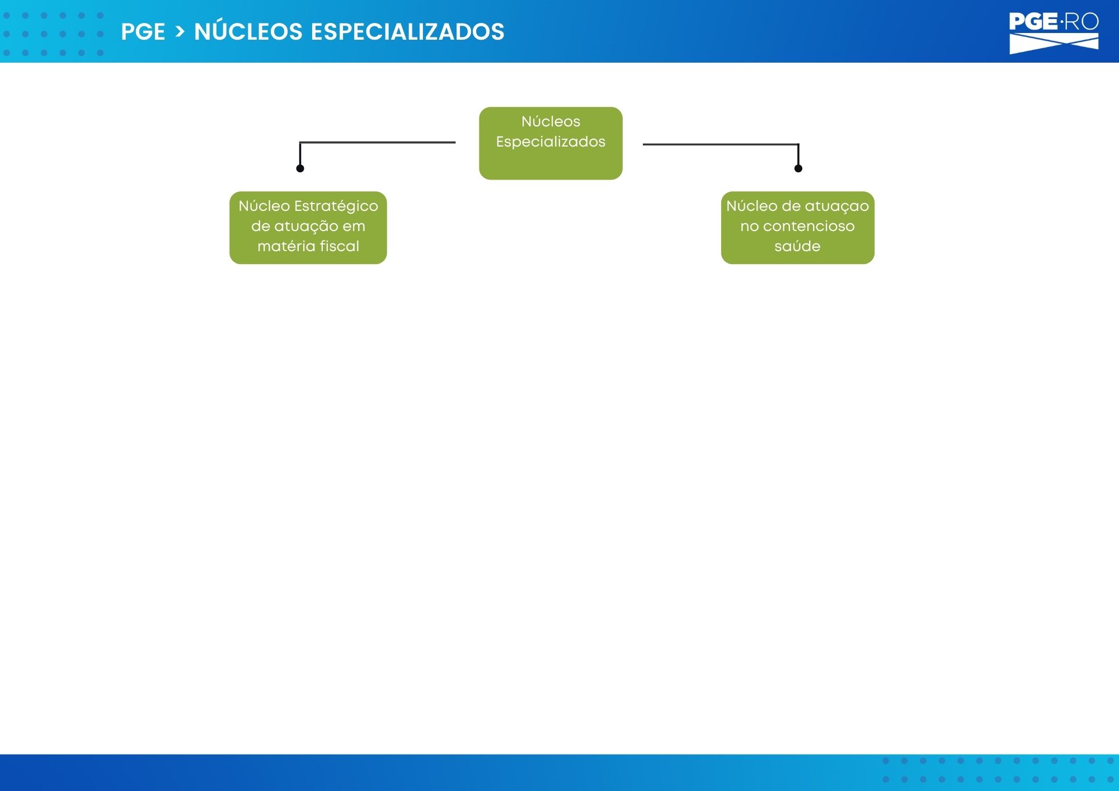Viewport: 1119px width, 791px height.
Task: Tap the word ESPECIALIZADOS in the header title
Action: (407, 32)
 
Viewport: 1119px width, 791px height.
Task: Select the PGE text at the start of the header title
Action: (143, 32)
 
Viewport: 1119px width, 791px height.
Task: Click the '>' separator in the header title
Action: (180, 32)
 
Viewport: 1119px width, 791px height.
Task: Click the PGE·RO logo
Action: (1054, 33)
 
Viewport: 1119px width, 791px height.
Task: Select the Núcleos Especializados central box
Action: (551, 143)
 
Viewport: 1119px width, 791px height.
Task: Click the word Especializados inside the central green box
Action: (551, 142)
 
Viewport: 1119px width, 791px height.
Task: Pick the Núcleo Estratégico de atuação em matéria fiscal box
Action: (308, 228)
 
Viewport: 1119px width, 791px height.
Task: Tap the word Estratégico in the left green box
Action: (336, 206)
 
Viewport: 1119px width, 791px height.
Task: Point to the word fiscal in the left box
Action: (340, 246)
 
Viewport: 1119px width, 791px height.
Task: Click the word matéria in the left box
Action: (286, 246)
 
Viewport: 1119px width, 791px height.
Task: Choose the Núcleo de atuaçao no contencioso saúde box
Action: (797, 228)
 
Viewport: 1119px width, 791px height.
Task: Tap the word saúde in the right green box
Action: (797, 246)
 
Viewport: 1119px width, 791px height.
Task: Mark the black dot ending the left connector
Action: (300, 168)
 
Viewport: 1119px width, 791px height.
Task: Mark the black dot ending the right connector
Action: (798, 168)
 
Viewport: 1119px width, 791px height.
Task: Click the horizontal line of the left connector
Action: (378, 143)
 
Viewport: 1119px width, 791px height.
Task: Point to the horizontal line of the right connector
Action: (721, 144)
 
